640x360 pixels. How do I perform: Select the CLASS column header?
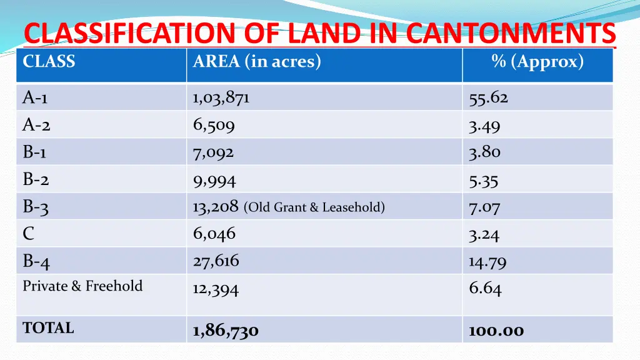pos(49,62)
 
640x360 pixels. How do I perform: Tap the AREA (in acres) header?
pos(257,62)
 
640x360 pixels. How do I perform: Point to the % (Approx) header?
pos(537,62)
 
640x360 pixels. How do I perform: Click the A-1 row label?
pos(36,98)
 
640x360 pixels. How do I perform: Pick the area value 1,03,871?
pos(221,98)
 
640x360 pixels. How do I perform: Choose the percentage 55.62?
pos(489,98)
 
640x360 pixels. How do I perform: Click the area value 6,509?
pos(214,126)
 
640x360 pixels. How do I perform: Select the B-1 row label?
pos(35,152)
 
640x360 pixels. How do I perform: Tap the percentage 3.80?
pos(485,152)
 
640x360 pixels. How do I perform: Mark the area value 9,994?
pos(214,181)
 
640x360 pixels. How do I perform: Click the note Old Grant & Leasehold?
pos(314,207)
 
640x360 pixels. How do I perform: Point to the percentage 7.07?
pos(485,207)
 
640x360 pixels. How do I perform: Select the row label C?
pos(29,234)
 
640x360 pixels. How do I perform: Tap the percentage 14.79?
pos(487,262)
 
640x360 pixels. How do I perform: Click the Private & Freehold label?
pos(82,286)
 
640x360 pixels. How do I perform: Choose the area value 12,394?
pos(216,289)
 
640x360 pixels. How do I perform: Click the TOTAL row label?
pos(48,328)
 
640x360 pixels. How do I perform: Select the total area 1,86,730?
pos(226,331)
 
